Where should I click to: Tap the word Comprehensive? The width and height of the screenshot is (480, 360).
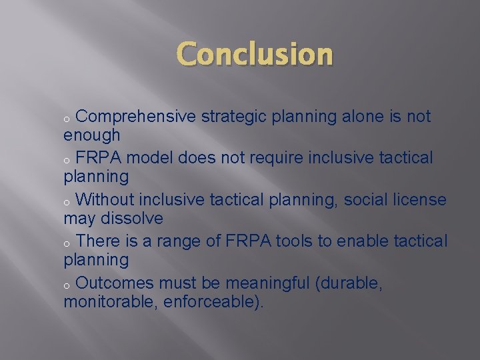[x=136, y=117]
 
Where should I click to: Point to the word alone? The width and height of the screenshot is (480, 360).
[x=365, y=117]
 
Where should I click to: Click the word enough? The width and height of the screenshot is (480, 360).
[x=92, y=136]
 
